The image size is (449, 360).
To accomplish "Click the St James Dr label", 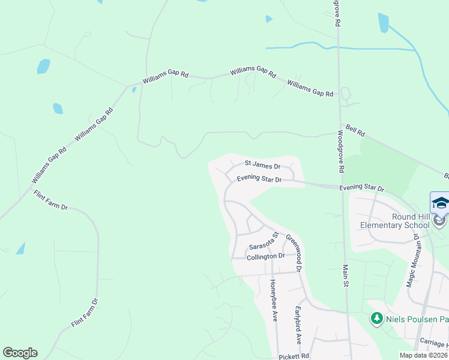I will click(x=262, y=164).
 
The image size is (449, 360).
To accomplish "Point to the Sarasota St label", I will click(x=265, y=243).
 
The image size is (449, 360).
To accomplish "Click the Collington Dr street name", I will click(x=265, y=256).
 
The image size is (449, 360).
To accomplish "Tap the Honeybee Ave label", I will click(x=274, y=301).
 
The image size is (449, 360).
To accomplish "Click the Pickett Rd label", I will click(x=294, y=356).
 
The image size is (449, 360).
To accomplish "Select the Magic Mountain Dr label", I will click(x=413, y=262).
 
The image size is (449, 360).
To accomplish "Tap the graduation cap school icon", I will click(x=440, y=203).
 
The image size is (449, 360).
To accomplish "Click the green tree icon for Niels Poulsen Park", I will click(x=376, y=318).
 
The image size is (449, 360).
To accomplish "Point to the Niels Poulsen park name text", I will click(x=417, y=319).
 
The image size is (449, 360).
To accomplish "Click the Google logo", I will click(x=20, y=353).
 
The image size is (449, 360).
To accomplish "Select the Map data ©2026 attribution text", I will click(x=423, y=355).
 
